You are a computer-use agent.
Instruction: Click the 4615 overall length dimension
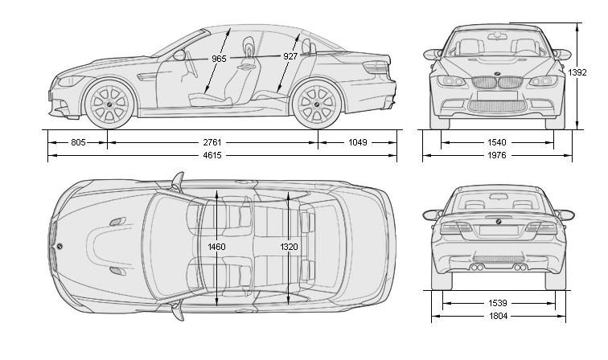tap(212, 155)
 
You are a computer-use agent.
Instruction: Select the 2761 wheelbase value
tap(212, 142)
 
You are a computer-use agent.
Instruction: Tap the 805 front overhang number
tap(78, 142)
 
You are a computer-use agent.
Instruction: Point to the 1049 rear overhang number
tap(357, 142)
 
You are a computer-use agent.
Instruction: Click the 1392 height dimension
tap(577, 72)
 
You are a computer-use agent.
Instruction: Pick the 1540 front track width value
tap(497, 142)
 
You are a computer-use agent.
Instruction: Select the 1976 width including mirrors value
tap(497, 155)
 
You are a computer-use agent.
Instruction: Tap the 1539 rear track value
tap(498, 303)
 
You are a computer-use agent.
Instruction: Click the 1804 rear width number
tap(498, 317)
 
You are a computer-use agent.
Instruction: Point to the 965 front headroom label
tap(219, 59)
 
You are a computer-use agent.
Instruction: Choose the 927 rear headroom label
tap(290, 56)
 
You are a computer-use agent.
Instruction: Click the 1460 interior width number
tap(216, 247)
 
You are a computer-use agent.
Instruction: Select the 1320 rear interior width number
tap(289, 247)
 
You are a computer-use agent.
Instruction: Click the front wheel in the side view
tap(109, 104)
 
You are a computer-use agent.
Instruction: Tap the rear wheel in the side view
tap(317, 104)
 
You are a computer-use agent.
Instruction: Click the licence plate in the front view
tap(497, 96)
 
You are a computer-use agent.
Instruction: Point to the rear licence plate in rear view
tap(499, 231)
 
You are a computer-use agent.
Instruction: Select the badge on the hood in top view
tap(60, 246)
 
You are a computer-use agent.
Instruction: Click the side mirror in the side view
tap(179, 55)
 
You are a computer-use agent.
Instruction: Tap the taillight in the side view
tap(376, 67)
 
